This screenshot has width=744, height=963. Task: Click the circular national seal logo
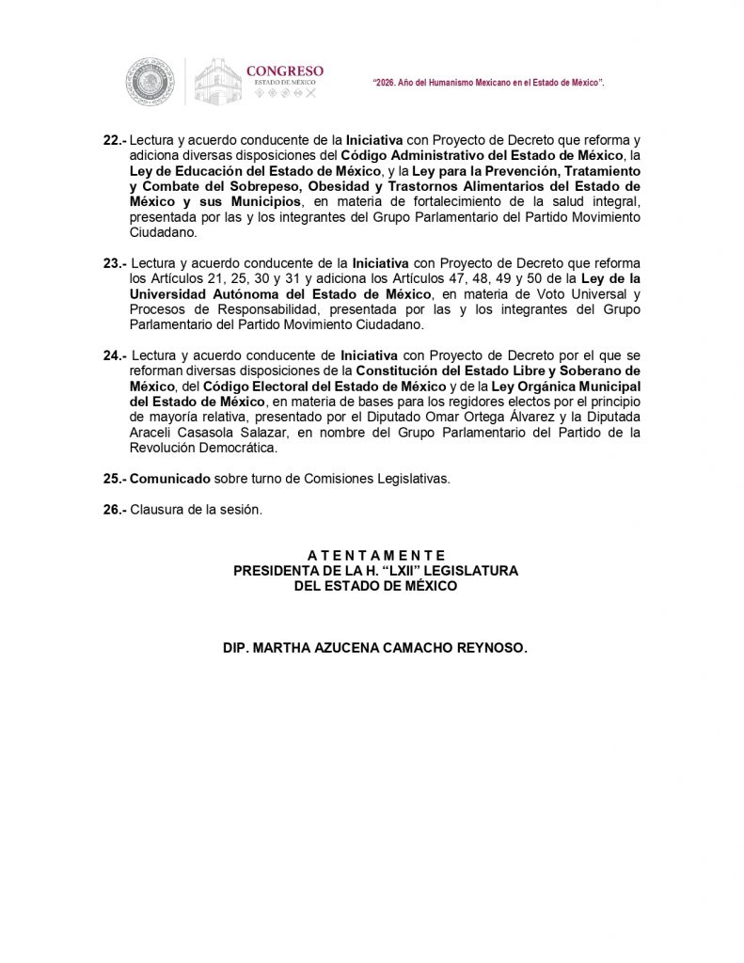pyautogui.click(x=148, y=81)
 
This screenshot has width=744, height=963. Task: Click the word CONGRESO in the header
pyautogui.click(x=284, y=71)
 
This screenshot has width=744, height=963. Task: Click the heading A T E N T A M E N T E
pyautogui.click(x=375, y=556)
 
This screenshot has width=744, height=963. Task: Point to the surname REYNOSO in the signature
pyautogui.click(x=492, y=648)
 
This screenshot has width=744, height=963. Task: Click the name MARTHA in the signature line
pyautogui.click(x=280, y=648)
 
